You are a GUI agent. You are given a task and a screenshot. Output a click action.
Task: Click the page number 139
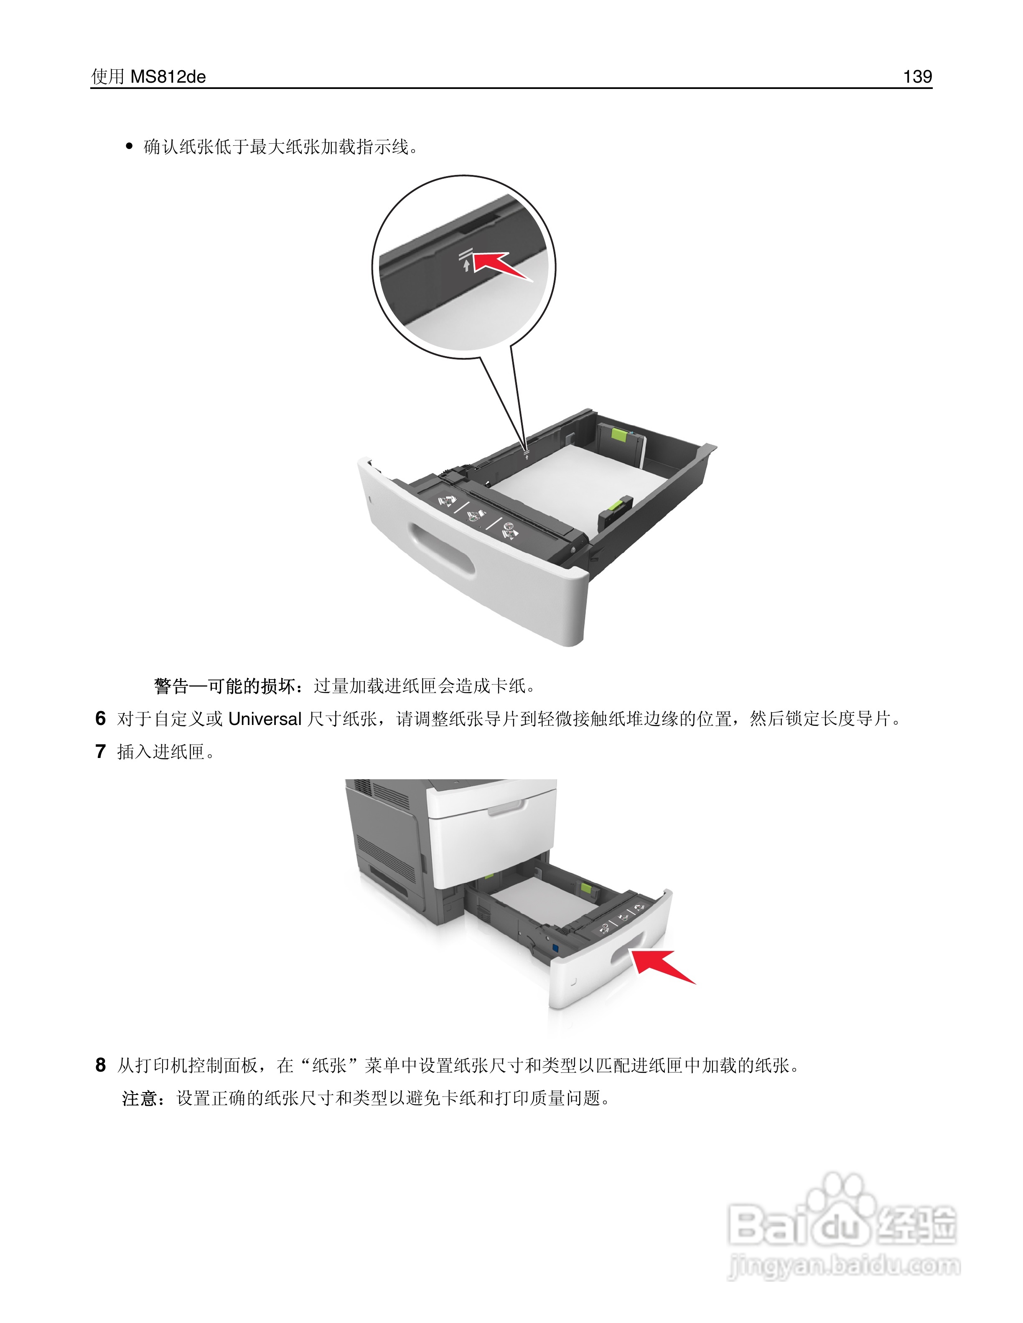[917, 76]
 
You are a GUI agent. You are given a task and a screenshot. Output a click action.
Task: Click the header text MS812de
[168, 77]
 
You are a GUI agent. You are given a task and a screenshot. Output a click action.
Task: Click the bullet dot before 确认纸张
[128, 147]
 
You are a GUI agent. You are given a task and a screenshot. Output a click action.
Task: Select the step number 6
[101, 718]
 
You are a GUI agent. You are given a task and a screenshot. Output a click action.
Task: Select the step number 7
[101, 752]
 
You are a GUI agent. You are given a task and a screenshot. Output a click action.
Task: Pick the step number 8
[101, 1065]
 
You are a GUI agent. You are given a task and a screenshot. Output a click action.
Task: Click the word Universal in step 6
[265, 719]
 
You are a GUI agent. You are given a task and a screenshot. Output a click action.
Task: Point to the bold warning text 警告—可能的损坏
[224, 686]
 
